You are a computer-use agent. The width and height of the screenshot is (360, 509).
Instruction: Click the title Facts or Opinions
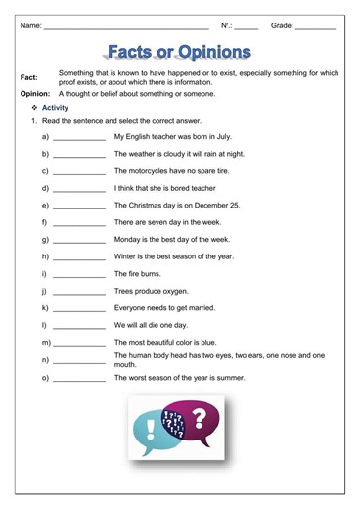pos(180,51)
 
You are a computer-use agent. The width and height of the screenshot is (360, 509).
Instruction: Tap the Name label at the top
pos(29,23)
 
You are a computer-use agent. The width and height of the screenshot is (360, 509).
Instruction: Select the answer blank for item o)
pos(79,379)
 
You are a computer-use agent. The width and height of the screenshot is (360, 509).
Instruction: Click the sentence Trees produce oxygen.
pos(152,292)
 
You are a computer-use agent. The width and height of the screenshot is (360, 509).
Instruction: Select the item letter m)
pos(46,343)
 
